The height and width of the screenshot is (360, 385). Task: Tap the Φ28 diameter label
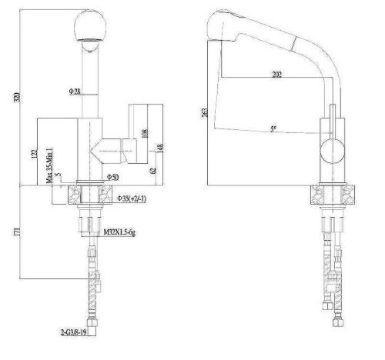click(x=74, y=92)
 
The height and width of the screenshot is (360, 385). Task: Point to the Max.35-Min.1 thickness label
click(x=49, y=164)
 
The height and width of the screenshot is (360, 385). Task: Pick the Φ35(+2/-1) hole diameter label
click(x=133, y=199)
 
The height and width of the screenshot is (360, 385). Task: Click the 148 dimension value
click(x=158, y=146)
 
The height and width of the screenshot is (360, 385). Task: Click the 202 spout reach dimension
click(x=275, y=75)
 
